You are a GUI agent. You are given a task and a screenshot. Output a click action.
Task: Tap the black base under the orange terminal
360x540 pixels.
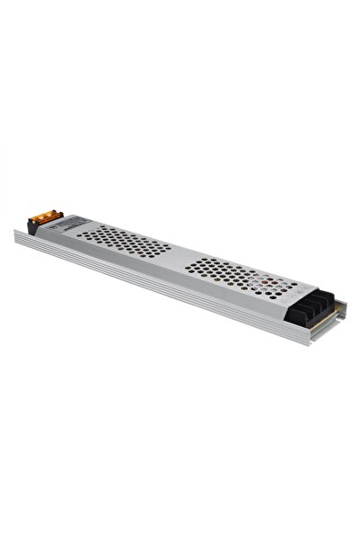34,228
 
